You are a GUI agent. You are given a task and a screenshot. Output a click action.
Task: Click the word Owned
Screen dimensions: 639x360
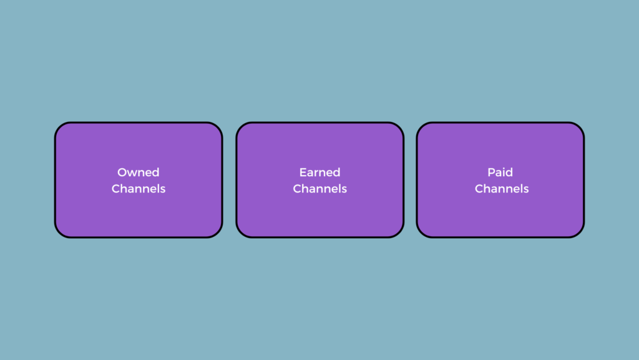click(x=138, y=172)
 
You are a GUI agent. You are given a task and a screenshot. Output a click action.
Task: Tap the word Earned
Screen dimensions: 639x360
click(x=320, y=172)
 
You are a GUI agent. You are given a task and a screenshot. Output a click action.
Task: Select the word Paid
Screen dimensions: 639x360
click(x=500, y=172)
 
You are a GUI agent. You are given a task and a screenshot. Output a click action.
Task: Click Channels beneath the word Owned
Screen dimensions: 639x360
click(x=139, y=189)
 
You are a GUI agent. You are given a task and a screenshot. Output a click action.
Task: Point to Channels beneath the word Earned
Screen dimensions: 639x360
click(x=320, y=189)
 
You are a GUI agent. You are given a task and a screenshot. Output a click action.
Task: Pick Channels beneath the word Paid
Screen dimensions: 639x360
click(x=502, y=189)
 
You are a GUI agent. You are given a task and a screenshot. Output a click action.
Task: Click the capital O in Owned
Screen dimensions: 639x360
click(x=122, y=172)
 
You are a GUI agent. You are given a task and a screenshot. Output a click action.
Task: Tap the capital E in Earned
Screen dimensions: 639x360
click(x=303, y=172)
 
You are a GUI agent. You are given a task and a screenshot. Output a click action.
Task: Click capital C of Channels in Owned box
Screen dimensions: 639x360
click(x=116, y=189)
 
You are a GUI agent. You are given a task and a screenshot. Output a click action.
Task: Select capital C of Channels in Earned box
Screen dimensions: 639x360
click(x=298, y=189)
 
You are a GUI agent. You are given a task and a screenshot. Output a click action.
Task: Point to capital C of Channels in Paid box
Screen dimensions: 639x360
click(x=479, y=189)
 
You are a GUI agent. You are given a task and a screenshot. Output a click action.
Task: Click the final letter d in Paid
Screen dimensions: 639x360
click(x=509, y=172)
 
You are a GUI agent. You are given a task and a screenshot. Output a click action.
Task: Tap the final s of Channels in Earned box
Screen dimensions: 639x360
click(x=344, y=190)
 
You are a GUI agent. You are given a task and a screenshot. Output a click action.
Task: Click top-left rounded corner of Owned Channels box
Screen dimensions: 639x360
click(x=60, y=127)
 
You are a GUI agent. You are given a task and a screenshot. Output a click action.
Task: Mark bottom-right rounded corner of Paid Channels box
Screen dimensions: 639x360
click(x=579, y=232)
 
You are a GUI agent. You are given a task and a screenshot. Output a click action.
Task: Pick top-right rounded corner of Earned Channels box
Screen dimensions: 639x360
click(x=399, y=127)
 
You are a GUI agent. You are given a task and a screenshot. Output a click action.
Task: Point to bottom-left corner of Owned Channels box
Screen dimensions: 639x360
click(x=60, y=232)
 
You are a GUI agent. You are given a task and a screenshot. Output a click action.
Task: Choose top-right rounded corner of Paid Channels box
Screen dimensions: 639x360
click(x=579, y=127)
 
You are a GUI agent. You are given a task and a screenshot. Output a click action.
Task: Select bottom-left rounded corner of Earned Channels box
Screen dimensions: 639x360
click(x=241, y=232)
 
